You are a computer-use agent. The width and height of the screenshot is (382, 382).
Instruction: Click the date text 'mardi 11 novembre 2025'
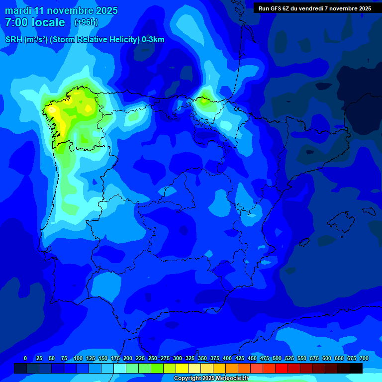[x=61, y=10]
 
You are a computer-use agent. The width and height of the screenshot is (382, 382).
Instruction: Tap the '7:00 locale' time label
[x=35, y=22]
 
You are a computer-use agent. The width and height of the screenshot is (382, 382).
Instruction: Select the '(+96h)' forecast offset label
[x=86, y=22]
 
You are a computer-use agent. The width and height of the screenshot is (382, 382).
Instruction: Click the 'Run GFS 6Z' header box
[x=315, y=8]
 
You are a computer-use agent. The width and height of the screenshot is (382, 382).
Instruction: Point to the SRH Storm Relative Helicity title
[x=85, y=40]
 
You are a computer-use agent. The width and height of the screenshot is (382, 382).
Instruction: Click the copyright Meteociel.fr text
[x=211, y=379]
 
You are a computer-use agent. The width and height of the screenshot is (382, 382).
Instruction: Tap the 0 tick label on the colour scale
[x=25, y=358]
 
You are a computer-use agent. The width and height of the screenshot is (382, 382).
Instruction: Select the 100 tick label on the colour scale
[x=78, y=358]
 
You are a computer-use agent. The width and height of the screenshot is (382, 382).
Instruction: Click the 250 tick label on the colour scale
[x=153, y=358]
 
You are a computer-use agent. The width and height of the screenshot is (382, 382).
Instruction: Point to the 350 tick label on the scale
[x=202, y=358]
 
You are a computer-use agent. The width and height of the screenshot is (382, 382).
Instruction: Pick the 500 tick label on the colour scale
[x=277, y=358]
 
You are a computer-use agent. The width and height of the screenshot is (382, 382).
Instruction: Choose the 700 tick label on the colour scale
[x=364, y=358]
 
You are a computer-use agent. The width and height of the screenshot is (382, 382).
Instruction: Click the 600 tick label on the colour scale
[x=327, y=358]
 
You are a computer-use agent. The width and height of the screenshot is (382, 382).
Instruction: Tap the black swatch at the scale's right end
[x=356, y=368]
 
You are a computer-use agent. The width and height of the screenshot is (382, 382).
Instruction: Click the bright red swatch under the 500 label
[x=282, y=368]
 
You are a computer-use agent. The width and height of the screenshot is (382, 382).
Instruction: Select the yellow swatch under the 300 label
[x=182, y=368]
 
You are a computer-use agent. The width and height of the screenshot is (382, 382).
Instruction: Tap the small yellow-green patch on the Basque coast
[x=203, y=101]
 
